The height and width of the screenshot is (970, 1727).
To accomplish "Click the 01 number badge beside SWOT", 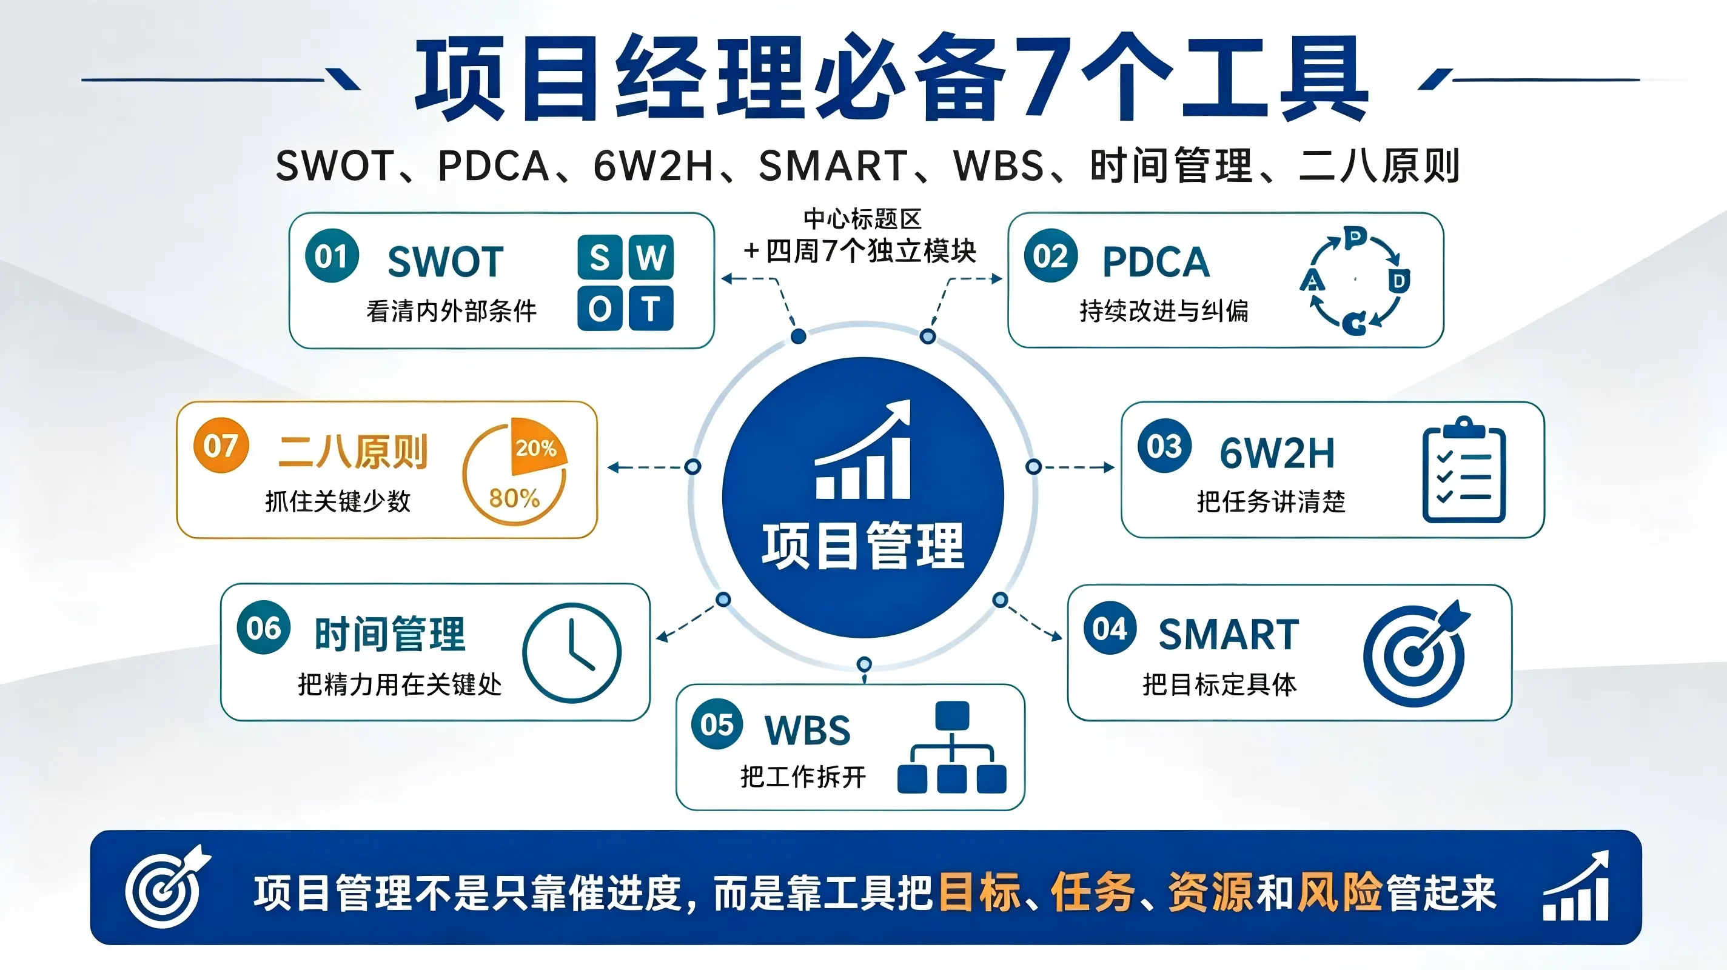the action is tap(332, 255).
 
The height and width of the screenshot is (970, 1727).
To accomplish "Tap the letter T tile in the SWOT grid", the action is tap(649, 309).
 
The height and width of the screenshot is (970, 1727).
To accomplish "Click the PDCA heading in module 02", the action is tap(1156, 261).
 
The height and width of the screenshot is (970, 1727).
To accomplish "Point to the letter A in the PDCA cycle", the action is tap(1312, 279).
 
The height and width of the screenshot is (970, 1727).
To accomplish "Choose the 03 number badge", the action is tap(1164, 446).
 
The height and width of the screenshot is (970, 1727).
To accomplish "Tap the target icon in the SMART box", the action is tap(1416, 652).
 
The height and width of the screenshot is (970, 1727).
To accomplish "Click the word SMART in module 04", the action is tap(1228, 634).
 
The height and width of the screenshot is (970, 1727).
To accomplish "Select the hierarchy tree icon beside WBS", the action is tap(952, 747).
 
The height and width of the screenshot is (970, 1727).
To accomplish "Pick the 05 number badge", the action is tap(717, 724).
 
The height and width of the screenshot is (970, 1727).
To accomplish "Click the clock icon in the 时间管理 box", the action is tap(572, 652).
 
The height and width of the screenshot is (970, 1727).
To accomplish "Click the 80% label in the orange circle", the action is tap(514, 498).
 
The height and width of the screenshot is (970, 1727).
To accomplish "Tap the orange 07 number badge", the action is tap(221, 445).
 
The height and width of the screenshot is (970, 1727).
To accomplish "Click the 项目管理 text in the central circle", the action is tap(863, 546).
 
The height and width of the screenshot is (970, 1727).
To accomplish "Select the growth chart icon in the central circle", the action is tap(863, 449).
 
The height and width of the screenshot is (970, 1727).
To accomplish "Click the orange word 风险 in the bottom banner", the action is tap(1340, 892).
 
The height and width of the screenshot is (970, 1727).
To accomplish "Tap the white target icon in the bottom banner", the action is tap(167, 886).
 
